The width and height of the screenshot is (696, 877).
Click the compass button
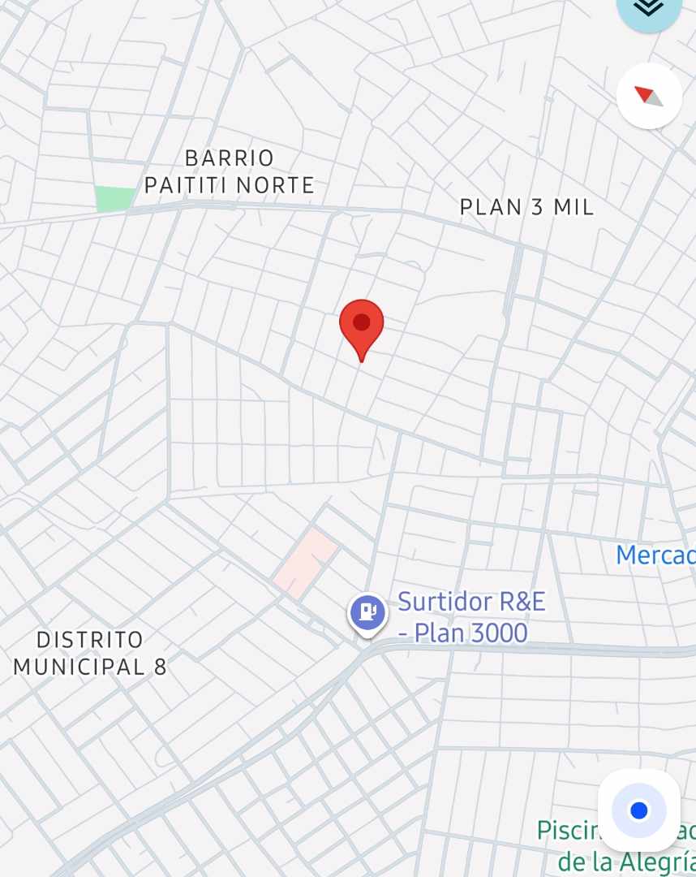(649, 96)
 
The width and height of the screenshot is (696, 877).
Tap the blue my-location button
(639, 810)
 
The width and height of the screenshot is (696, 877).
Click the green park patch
(114, 199)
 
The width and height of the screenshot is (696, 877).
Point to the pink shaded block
(305, 562)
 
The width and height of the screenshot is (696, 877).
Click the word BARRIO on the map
(230, 158)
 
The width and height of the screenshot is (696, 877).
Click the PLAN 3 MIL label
(526, 207)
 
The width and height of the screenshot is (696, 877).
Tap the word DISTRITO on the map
(89, 640)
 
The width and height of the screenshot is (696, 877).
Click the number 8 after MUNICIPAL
(161, 667)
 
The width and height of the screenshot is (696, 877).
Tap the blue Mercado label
(655, 555)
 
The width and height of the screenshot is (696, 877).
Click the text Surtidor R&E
(471, 603)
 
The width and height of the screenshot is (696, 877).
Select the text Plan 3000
(471, 633)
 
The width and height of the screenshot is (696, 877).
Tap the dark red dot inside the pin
(362, 322)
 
